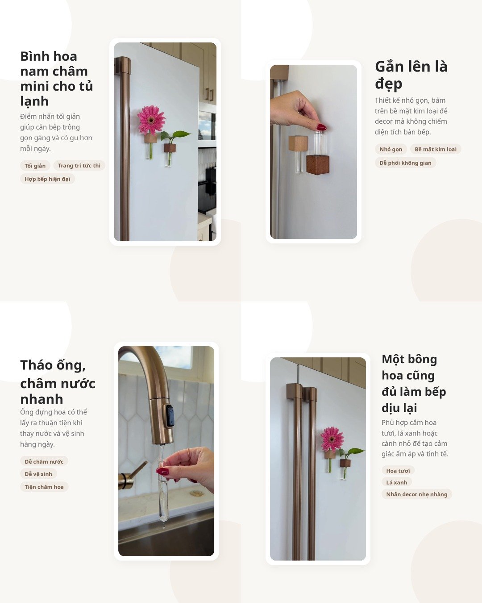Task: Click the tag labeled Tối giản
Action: (x=35, y=166)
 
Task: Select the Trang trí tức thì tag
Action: (x=79, y=166)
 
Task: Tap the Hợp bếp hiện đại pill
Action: (x=47, y=179)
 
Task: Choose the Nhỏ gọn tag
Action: (x=391, y=149)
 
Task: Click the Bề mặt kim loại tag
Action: (x=436, y=149)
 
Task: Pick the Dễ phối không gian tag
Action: (x=405, y=163)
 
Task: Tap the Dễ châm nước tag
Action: (x=44, y=461)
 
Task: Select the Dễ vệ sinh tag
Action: (x=38, y=474)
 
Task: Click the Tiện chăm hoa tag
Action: (x=44, y=487)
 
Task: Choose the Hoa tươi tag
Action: (x=398, y=471)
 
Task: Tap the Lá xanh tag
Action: (x=397, y=482)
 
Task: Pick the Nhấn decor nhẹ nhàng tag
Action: (x=417, y=494)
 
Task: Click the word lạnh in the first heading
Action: (x=34, y=101)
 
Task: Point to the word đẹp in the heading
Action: (x=389, y=84)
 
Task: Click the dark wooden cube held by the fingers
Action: (x=318, y=165)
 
